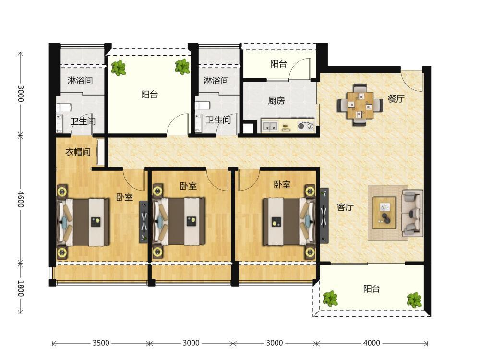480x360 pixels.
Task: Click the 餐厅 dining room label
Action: (x=396, y=98)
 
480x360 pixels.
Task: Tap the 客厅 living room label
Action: (x=345, y=207)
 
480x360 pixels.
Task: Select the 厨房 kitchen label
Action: (x=276, y=100)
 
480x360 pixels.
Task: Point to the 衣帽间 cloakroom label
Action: (x=78, y=152)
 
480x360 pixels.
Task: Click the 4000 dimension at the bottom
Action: (x=372, y=343)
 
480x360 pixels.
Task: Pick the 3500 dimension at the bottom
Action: (x=101, y=343)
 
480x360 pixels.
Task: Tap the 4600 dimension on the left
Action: (x=21, y=199)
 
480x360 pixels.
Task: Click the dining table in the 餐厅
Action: (x=360, y=105)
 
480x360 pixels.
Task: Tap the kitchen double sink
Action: (x=269, y=125)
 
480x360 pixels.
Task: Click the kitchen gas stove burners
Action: (x=306, y=125)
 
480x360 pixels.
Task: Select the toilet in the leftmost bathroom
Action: (x=64, y=108)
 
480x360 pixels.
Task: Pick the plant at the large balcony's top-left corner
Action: (x=118, y=68)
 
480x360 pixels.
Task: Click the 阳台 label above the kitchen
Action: (x=278, y=64)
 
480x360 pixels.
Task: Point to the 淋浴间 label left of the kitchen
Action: (x=216, y=81)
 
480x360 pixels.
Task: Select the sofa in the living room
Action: (x=412, y=213)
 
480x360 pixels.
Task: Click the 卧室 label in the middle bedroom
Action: (x=188, y=186)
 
